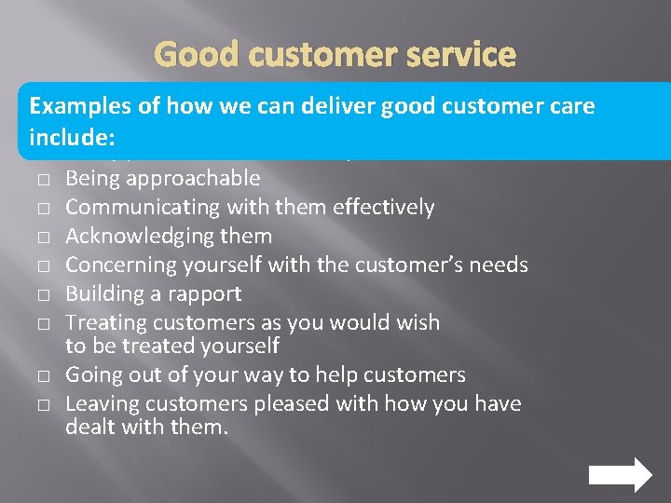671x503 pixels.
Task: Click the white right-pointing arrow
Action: point(621,474)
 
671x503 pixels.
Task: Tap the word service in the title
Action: point(461,55)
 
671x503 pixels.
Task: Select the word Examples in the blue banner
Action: point(81,107)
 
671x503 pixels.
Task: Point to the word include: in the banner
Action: point(72,138)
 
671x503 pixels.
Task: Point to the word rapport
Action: point(207,294)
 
